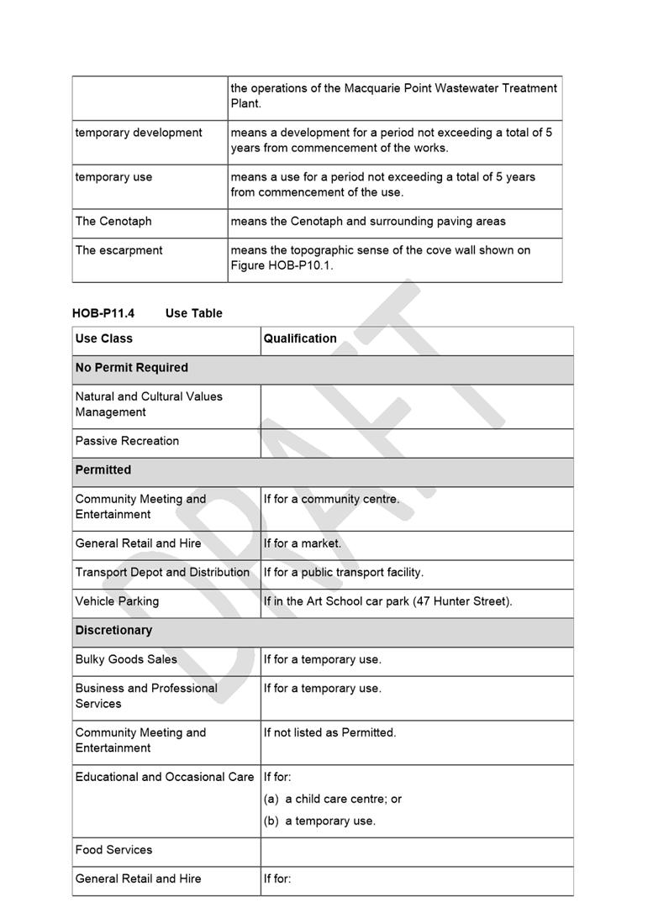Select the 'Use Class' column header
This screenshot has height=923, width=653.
103,338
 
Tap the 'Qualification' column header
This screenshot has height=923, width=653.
300,338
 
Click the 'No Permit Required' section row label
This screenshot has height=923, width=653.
131,368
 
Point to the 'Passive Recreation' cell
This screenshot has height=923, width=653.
127,441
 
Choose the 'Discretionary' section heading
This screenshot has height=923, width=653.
113,630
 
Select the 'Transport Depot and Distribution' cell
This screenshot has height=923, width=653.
162,572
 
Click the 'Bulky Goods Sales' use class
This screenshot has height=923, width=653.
126,659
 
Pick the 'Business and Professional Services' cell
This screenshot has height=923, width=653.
146,695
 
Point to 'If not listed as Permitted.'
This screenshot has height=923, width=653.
329,732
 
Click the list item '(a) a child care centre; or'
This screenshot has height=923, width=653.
333,799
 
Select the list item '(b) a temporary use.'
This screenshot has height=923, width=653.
319,821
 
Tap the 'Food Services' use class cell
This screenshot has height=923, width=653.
113,850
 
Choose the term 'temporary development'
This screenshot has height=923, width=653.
139,133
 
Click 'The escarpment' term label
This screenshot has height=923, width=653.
118,250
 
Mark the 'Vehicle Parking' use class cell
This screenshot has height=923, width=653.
117,601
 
